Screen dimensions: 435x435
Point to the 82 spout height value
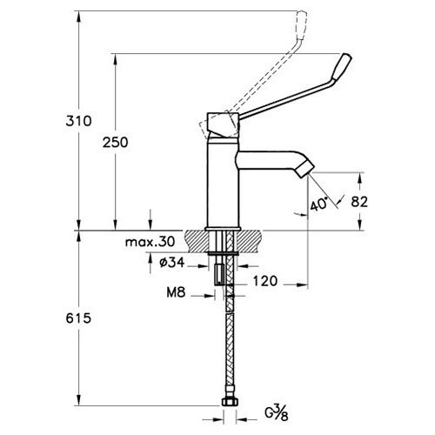pos(384,202)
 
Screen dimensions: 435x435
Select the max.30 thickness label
pos(150,241)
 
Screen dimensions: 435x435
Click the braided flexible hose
pos(231,348)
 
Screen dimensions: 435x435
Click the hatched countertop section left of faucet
pos(192,237)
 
